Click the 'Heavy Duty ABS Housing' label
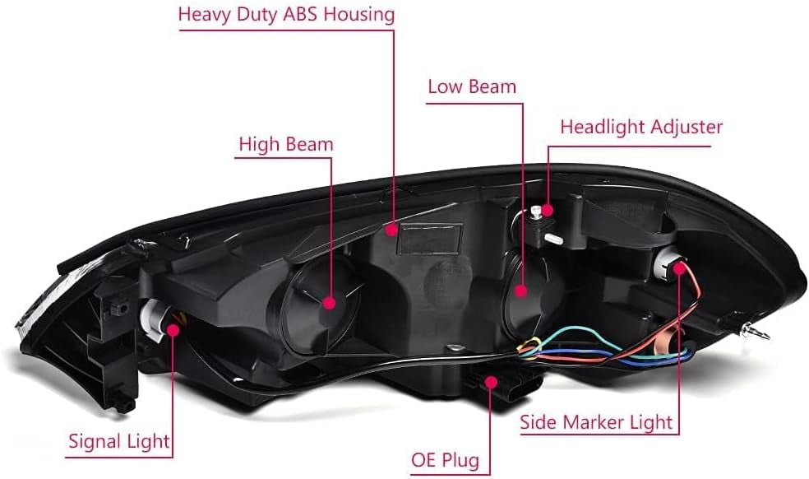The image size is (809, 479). coord(286,15)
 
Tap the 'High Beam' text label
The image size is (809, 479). coord(286,144)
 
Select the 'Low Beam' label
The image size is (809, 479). coord(472,86)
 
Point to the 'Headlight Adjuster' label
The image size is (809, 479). coord(641,127)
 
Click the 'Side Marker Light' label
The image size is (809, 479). coord(596,423)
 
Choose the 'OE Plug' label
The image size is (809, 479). coord(446,460)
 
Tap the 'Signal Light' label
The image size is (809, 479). coord(119,441)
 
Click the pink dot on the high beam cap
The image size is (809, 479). coord(329,303)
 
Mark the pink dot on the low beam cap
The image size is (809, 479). coord(521,291)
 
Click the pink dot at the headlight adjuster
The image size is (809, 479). coord(547,210)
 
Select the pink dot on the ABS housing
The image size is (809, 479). coord(392,229)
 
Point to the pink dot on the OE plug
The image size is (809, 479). coord(491,383)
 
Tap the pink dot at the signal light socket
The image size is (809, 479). coord(173,330)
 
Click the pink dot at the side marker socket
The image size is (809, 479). coord(679,267)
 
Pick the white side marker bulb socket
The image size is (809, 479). coord(666,262)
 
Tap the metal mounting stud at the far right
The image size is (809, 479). coord(754,331)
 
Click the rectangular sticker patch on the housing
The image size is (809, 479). coord(429,239)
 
